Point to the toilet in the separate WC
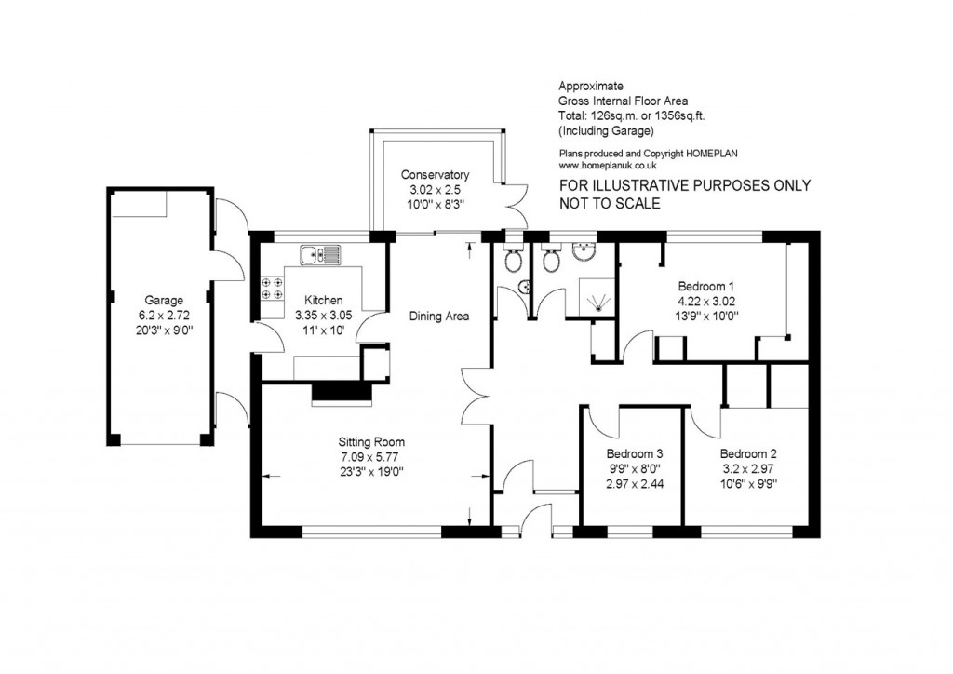point(512,263)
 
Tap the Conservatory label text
point(435,175)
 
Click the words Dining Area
point(438,317)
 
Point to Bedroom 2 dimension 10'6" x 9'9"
point(748,483)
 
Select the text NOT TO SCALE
point(610,204)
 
